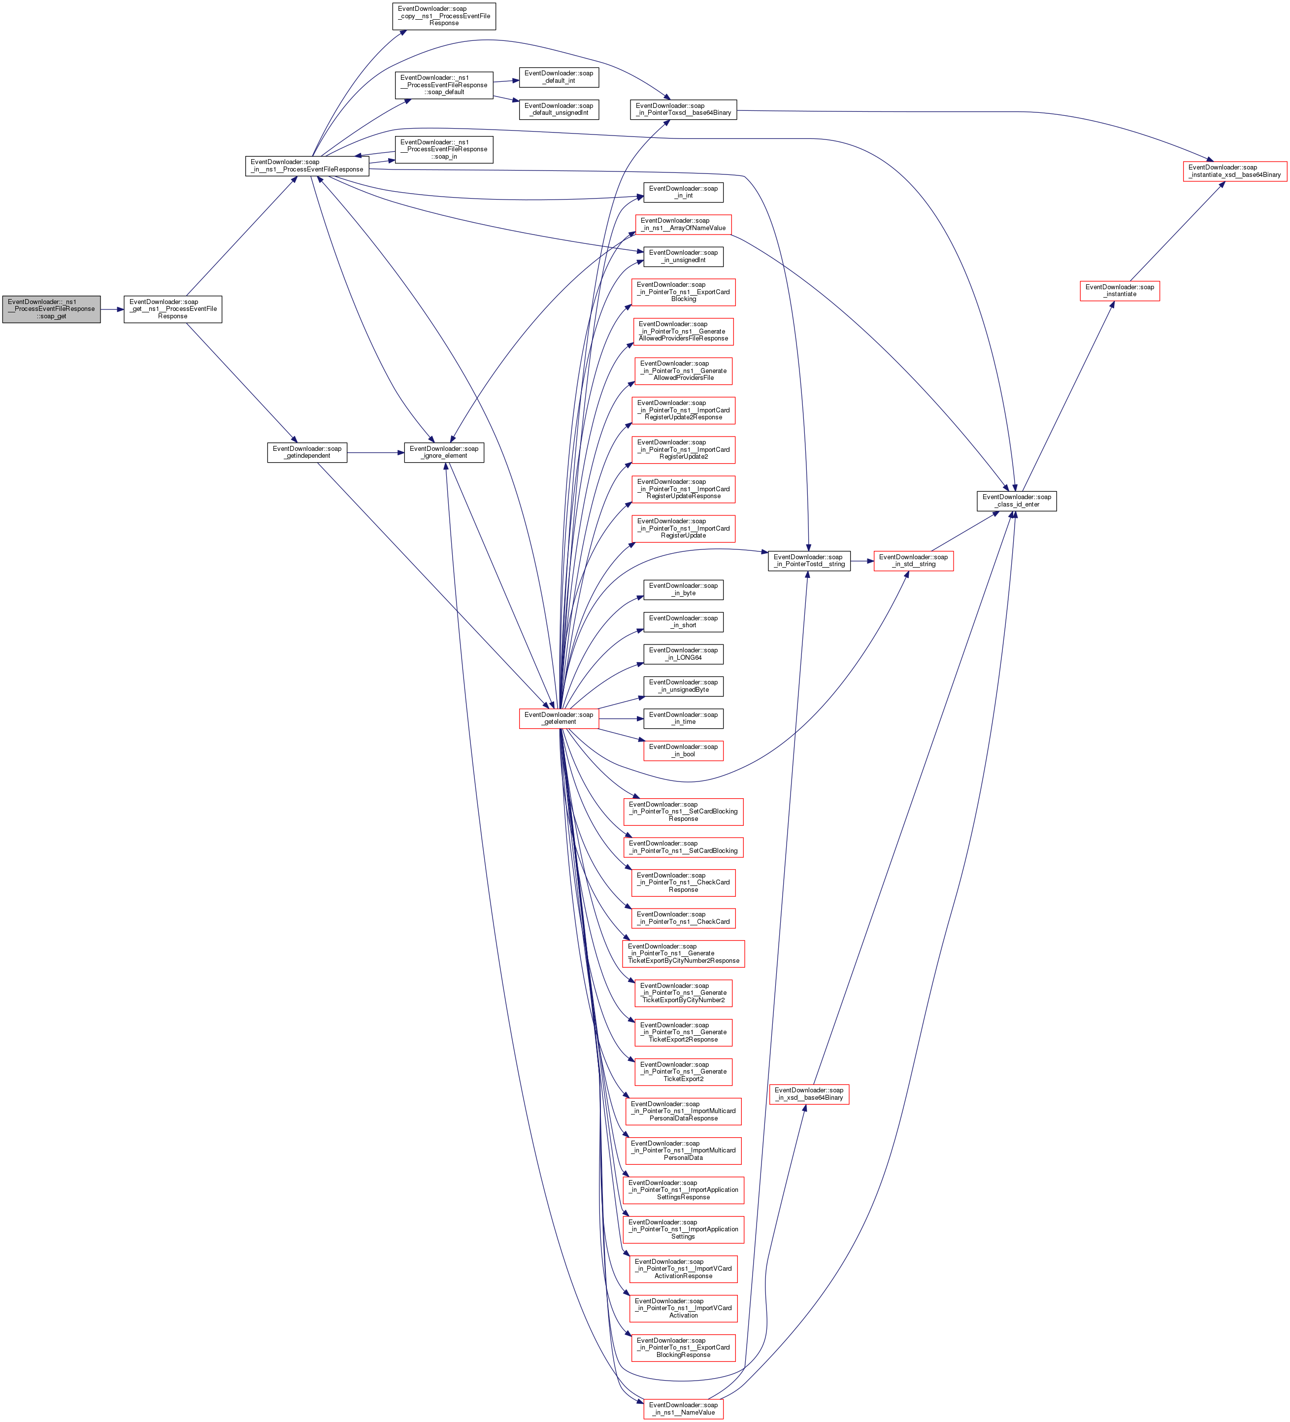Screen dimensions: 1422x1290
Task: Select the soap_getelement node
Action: point(559,718)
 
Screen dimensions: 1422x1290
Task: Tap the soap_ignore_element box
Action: point(444,452)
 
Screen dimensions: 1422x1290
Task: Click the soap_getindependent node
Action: point(307,452)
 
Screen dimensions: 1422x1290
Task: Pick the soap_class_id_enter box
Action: point(1016,501)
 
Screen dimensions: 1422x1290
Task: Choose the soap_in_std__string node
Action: point(913,561)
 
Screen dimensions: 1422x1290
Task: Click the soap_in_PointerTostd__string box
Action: point(809,561)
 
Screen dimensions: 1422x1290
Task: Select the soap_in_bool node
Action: point(683,750)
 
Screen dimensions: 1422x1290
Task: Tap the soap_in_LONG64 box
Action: point(683,654)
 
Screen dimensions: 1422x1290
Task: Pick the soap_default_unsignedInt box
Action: point(559,109)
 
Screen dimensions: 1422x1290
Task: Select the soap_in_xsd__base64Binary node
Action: point(808,1094)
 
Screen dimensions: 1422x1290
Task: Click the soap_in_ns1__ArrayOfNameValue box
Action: point(683,224)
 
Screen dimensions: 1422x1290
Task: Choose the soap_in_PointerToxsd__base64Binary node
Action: point(683,109)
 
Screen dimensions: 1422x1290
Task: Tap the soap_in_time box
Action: point(683,718)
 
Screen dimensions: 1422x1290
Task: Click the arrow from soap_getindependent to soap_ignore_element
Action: point(375,453)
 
